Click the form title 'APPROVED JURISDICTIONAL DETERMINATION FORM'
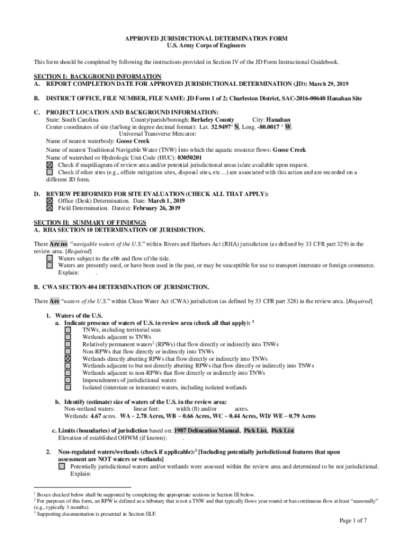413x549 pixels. click(206, 39)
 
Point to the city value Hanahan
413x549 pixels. click(278, 120)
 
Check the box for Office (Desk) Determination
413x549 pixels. click(50, 201)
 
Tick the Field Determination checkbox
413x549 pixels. click(50, 208)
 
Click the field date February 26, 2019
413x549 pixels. click(157, 208)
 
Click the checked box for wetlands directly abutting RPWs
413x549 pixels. click(68, 359)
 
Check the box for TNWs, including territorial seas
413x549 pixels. click(68, 330)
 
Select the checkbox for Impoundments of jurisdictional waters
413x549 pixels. click(68, 380)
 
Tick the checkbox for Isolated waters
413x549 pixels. click(68, 387)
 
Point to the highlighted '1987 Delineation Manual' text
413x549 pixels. click(206, 431)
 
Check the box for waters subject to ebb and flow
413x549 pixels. click(50, 258)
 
